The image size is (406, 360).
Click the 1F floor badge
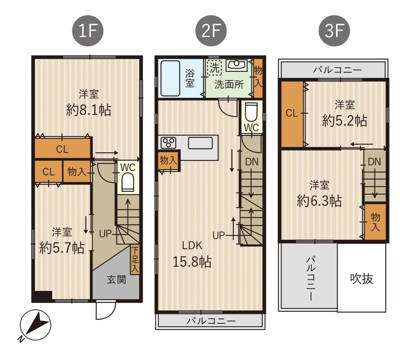88,31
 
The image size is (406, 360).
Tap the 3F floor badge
334,31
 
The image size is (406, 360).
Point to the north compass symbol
35,325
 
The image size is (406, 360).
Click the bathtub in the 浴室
170,78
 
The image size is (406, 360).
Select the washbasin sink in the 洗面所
236,65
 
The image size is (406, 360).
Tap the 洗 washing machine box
214,67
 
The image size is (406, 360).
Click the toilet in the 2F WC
251,112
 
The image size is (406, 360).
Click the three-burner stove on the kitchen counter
168,143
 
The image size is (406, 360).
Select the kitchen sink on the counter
200,143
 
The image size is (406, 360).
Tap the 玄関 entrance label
117,280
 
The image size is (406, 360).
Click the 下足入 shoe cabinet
135,260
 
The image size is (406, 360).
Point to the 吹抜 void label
362,279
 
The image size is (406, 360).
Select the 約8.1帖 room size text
89,110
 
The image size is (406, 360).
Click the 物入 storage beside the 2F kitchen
168,160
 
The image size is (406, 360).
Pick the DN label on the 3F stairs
374,162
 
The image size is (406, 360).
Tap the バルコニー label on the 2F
211,321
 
